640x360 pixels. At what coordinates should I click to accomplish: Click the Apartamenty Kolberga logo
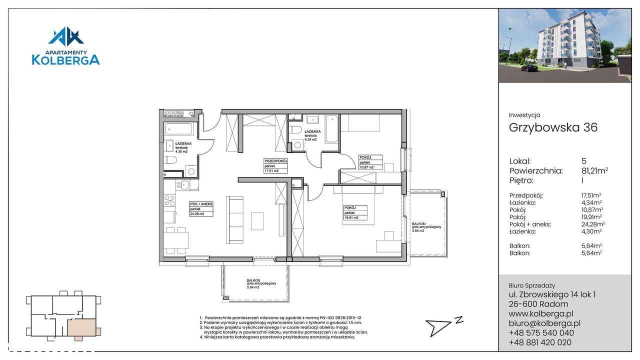coord(65,46)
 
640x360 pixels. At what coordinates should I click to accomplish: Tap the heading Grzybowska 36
coord(553,127)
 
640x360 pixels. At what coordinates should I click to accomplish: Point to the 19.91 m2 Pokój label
coord(355,212)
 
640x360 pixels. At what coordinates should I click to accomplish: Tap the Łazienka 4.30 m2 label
coord(181,148)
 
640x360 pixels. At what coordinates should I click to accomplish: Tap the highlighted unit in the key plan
coord(80,327)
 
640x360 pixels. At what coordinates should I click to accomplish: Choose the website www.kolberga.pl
coord(541,314)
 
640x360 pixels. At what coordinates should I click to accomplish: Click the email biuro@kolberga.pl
coord(544,323)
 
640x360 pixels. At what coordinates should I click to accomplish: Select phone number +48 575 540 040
coord(541,333)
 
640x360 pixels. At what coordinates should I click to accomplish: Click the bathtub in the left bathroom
coord(178,130)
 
